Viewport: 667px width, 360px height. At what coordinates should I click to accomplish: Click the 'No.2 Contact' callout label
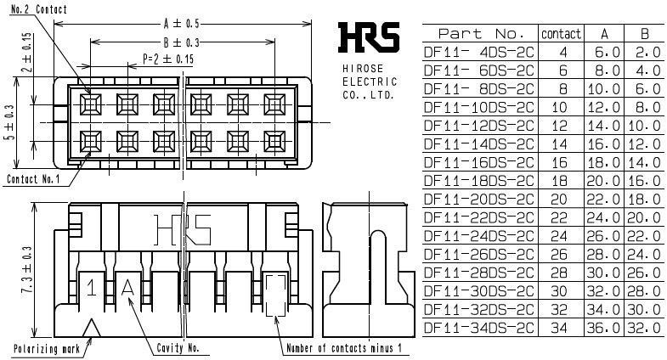point(35,9)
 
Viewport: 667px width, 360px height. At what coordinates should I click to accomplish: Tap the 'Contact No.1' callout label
point(32,179)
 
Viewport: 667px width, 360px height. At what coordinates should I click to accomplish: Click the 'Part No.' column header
point(480,34)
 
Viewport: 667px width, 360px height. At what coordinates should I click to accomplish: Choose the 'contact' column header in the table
point(561,34)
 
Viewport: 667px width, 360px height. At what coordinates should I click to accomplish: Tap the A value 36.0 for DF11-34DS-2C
point(604,327)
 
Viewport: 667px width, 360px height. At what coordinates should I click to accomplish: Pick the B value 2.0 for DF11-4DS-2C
point(644,51)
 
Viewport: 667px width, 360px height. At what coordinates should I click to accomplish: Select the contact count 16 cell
point(560,160)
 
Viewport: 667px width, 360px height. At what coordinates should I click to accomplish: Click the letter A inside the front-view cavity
point(128,288)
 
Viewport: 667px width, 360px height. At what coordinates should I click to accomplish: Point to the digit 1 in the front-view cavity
point(91,288)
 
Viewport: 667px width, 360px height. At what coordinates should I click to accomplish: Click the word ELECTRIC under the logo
point(369,82)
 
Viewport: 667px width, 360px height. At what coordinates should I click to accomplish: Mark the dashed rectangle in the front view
point(275,295)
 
